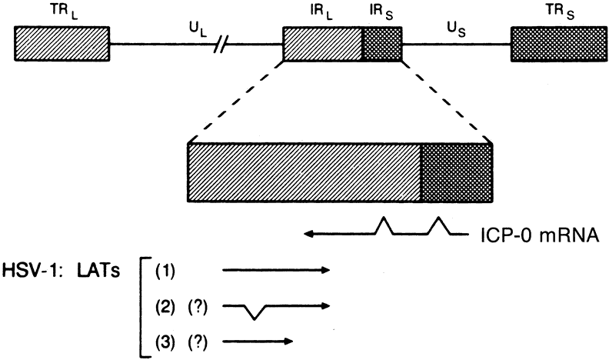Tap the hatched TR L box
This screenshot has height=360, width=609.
[x=45, y=43]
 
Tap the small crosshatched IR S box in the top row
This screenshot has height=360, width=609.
[x=382, y=43]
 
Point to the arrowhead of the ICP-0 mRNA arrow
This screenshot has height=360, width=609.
[x=308, y=233]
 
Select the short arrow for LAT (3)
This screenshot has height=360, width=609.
[x=258, y=339]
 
